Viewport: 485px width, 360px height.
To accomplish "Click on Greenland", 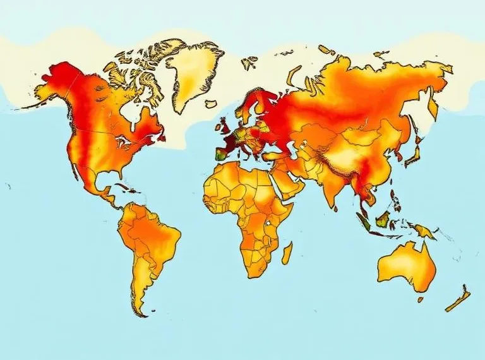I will [193, 69].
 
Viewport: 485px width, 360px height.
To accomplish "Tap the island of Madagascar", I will [286, 252].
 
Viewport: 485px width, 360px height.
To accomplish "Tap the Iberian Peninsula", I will [222, 151].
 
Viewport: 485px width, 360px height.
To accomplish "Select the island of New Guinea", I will [425, 231].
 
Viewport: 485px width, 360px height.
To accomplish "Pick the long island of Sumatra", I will [365, 220].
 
